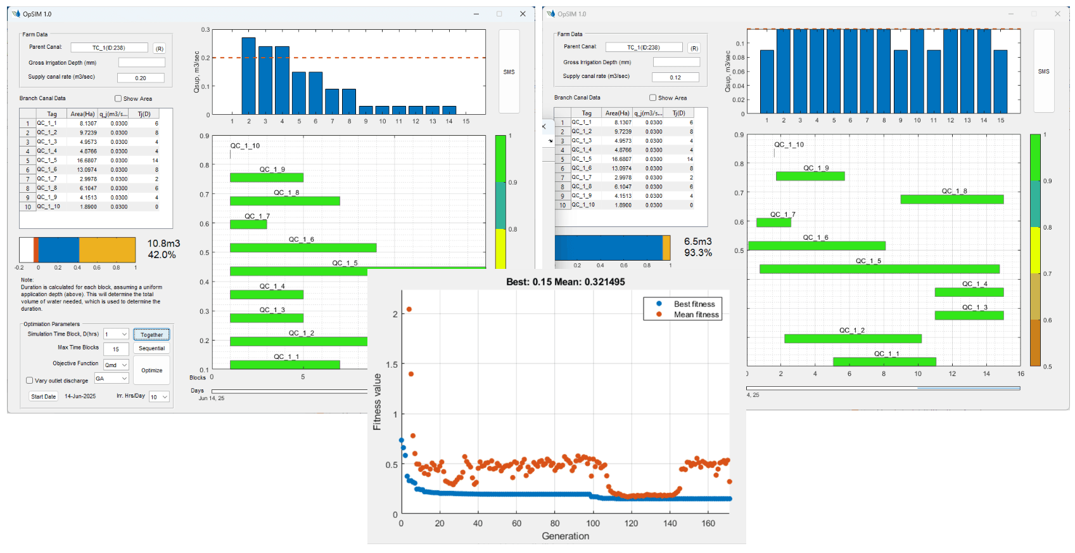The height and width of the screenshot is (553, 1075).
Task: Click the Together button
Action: [x=151, y=335]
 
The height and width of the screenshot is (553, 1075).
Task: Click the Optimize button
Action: [x=151, y=370]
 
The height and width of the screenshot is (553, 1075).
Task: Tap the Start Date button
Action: [x=44, y=396]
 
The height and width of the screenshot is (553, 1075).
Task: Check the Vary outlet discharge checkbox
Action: [x=30, y=381]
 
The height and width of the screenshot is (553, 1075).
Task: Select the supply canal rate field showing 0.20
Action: [x=141, y=78]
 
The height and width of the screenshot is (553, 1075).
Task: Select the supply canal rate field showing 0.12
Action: [x=675, y=77]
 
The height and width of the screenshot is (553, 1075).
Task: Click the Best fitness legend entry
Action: [x=694, y=304]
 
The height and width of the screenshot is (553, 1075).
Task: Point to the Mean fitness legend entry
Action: [x=696, y=315]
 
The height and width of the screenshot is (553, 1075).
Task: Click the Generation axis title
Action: [x=565, y=536]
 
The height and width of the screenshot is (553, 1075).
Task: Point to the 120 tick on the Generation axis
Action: [x=631, y=523]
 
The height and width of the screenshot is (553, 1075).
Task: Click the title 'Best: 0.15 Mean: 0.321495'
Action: [x=565, y=282]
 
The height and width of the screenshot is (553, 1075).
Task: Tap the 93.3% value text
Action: [x=697, y=253]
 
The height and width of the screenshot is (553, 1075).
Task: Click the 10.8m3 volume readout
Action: [x=163, y=244]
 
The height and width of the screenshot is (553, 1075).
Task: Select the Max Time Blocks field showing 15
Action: [x=116, y=349]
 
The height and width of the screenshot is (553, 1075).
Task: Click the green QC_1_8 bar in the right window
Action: [x=951, y=199]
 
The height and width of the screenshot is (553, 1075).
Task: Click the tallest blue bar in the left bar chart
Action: [x=248, y=76]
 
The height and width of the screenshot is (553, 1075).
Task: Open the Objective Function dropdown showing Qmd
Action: [x=116, y=365]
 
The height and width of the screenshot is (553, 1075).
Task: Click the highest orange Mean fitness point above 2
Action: [x=409, y=309]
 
